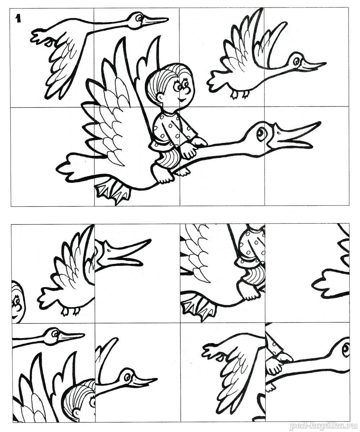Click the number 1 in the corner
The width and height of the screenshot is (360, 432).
tap(18, 19)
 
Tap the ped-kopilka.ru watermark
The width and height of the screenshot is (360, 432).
tap(324, 426)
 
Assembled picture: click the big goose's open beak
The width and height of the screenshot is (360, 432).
tap(294, 137)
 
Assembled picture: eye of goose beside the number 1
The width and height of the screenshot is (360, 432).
tap(139, 18)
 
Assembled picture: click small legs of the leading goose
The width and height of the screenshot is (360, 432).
tap(240, 94)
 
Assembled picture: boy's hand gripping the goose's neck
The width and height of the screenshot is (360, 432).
tap(199, 142)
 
